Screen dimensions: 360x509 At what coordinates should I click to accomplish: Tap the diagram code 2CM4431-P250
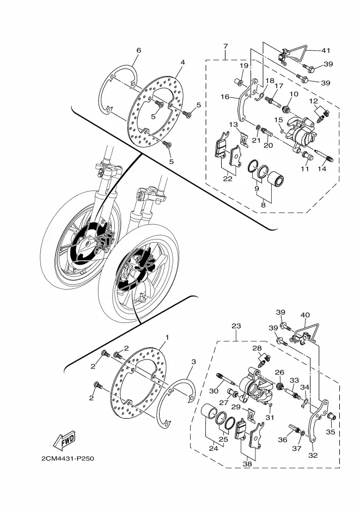[x=68, y=459]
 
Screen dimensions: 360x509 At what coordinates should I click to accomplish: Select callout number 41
[x=326, y=50]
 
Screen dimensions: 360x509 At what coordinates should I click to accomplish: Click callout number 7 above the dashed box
[x=225, y=46]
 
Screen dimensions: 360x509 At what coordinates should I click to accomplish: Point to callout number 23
[x=236, y=326]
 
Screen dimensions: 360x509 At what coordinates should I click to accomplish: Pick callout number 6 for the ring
[x=139, y=50]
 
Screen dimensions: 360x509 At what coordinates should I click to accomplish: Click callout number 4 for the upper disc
[x=183, y=62]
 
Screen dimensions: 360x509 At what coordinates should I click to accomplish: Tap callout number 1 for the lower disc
[x=167, y=338]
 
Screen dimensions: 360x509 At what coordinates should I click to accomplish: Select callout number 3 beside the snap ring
[x=193, y=361]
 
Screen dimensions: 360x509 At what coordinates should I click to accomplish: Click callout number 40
[x=306, y=315]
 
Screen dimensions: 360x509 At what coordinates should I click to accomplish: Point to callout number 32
[x=313, y=456]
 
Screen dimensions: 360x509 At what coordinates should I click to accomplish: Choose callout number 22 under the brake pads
[x=228, y=179]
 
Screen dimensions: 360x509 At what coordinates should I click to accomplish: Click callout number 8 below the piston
[x=263, y=205]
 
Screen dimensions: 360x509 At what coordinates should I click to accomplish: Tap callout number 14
[x=322, y=169]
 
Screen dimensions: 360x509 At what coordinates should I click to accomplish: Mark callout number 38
[x=247, y=464]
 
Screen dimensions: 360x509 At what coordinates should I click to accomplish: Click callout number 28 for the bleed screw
[x=257, y=348]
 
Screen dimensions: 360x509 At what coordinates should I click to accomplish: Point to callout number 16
[x=225, y=97]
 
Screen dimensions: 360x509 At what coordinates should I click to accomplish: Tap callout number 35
[x=331, y=432]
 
